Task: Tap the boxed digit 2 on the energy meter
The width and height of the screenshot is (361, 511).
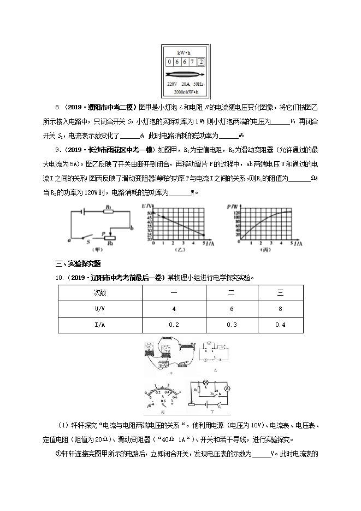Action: pyautogui.click(x=202, y=62)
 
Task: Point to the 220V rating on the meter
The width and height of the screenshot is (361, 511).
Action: pyautogui.click(x=172, y=85)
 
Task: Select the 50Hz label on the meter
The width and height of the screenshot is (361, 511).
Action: pyautogui.click(x=198, y=85)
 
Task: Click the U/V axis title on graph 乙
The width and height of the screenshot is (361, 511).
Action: pyautogui.click(x=146, y=205)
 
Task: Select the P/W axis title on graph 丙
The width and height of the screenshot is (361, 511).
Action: pyautogui.click(x=232, y=205)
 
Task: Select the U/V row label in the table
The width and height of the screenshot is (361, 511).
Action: pyautogui.click(x=100, y=309)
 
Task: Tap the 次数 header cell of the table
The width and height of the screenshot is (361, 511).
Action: pyautogui.click(x=100, y=292)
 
